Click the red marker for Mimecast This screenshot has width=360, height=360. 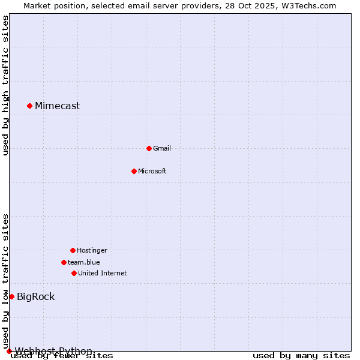[x=29, y=106]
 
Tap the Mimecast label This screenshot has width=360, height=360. [x=57, y=106]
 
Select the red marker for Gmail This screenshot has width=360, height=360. [x=149, y=148]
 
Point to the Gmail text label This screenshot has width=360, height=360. [x=162, y=148]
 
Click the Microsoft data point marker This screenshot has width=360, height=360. [x=134, y=171]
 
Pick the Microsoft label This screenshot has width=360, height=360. [x=152, y=171]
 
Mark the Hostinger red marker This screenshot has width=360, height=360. [x=73, y=250]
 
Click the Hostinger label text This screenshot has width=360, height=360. [x=92, y=250]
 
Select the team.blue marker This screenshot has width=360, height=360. [x=64, y=262]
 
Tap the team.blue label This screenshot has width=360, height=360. [x=84, y=262]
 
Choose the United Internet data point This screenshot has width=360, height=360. [x=74, y=273]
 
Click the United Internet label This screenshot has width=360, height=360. [x=103, y=273]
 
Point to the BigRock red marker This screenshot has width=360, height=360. [x=11, y=296]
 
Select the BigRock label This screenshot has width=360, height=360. [x=35, y=296]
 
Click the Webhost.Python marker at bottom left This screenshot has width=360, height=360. [x=9, y=351]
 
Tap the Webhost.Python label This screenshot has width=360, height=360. [x=53, y=351]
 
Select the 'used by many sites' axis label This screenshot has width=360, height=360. [x=301, y=356]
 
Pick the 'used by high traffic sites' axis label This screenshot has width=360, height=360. [x=6, y=85]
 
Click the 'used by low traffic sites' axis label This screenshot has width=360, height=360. [x=6, y=281]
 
